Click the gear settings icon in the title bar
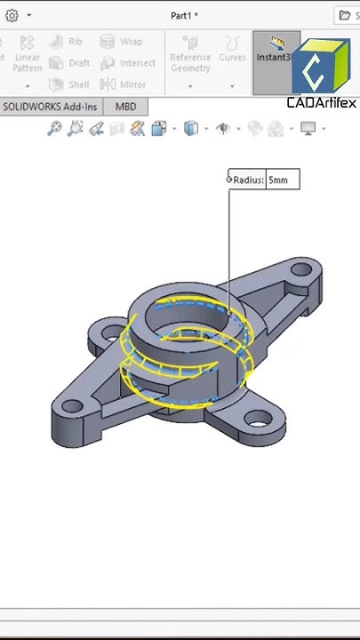(x=12, y=15)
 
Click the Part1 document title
(x=184, y=15)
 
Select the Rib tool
(x=67, y=42)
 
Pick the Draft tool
(x=68, y=63)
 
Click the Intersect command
(x=127, y=63)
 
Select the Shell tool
(x=68, y=84)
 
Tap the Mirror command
(x=123, y=84)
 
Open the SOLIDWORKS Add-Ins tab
(x=50, y=107)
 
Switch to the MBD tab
(x=126, y=107)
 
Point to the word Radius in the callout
(x=248, y=180)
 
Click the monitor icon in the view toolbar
(x=308, y=129)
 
